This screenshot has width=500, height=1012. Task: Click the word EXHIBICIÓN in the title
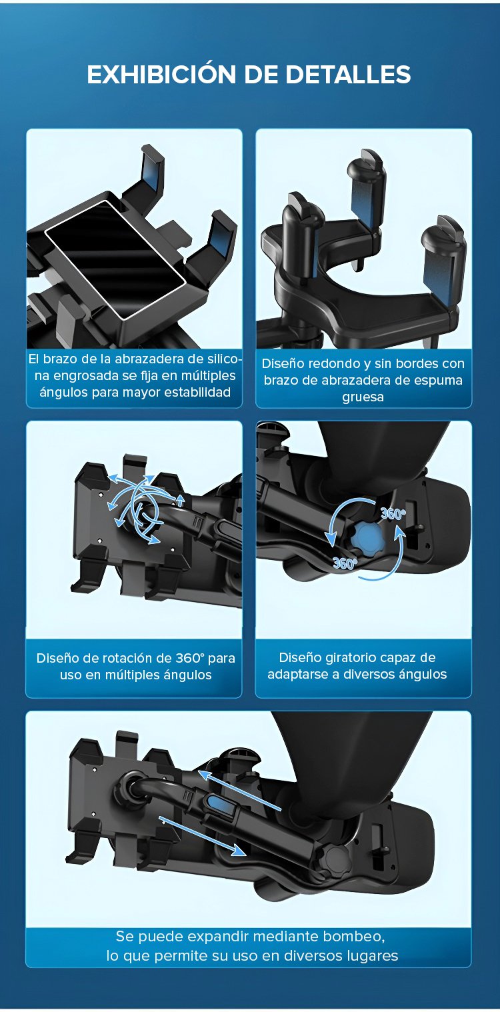tap(161, 75)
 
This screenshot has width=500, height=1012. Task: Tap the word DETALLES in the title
tap(348, 75)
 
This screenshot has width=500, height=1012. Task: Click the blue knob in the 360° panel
tap(365, 541)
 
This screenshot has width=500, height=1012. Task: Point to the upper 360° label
tap(393, 514)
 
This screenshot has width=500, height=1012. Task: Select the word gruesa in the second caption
tap(363, 397)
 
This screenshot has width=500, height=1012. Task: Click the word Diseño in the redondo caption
tap(281, 364)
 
